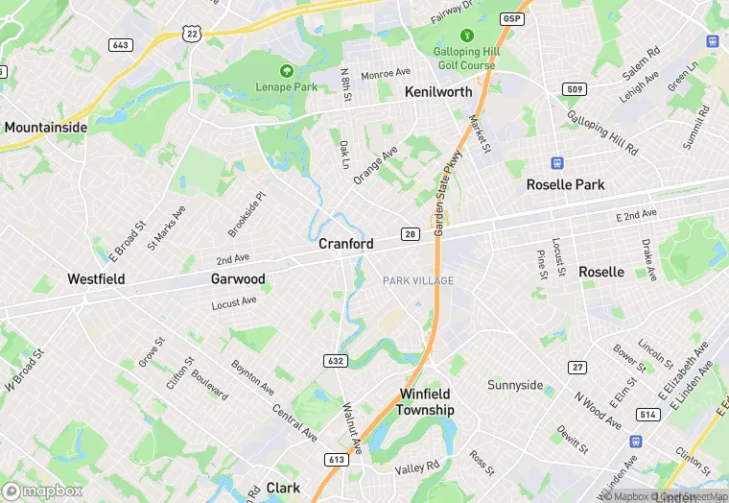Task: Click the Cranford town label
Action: (x=346, y=245)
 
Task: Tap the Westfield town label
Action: (x=96, y=279)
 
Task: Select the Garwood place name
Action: (x=238, y=279)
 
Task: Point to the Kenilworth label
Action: (x=438, y=92)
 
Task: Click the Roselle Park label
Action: (x=566, y=184)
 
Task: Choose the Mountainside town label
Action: (x=46, y=127)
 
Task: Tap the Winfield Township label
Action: (x=427, y=401)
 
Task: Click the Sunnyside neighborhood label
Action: (x=515, y=386)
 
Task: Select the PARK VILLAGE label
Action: (x=418, y=280)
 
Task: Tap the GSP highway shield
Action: (x=513, y=18)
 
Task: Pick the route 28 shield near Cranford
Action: (x=409, y=236)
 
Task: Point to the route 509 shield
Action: (x=574, y=89)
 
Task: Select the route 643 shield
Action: (x=121, y=45)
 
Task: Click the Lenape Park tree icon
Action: (x=285, y=71)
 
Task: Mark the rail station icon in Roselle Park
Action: (x=555, y=162)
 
